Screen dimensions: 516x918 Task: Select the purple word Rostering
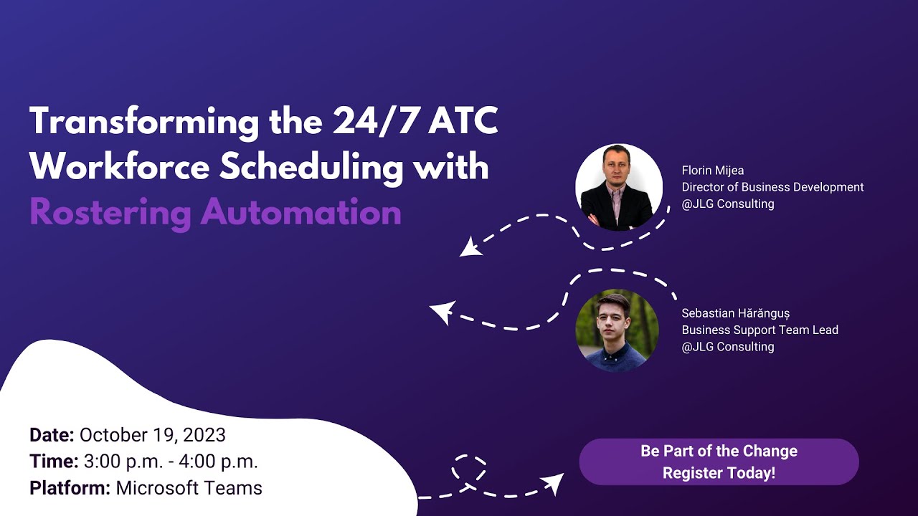point(110,213)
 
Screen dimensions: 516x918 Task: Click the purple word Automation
point(301,213)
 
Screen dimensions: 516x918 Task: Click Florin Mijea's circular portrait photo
point(618,188)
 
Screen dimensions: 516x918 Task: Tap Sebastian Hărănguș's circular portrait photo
point(617,330)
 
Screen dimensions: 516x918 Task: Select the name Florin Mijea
point(712,171)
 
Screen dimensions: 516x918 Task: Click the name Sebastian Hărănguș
point(735,314)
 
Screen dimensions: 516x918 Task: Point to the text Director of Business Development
point(772,187)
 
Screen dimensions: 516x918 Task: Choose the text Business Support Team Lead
point(760,330)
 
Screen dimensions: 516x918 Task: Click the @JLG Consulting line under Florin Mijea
point(728,204)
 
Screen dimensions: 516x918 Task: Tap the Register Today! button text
point(719,473)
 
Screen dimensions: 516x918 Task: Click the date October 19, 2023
point(152,435)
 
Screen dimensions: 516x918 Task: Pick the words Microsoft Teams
point(189,489)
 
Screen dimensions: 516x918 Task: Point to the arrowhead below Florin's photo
point(470,247)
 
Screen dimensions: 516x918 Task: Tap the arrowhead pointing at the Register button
point(554,482)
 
